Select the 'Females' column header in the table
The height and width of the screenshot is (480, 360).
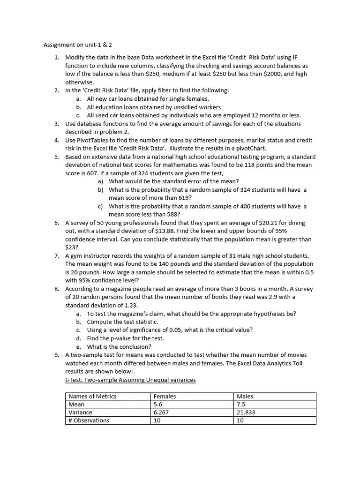click(165, 397)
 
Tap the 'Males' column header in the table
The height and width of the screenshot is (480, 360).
click(245, 397)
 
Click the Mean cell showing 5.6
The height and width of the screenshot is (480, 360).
click(157, 405)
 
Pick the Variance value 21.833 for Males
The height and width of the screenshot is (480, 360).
click(246, 412)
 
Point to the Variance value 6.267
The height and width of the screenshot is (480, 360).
click(161, 412)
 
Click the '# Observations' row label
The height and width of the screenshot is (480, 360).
click(89, 420)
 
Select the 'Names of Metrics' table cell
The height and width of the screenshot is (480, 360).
click(92, 397)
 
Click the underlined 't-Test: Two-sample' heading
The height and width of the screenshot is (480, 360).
click(130, 380)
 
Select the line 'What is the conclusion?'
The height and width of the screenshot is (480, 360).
click(119, 347)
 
